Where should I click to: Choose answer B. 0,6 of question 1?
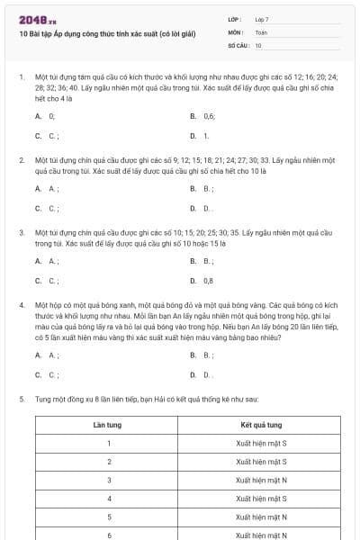(202, 116)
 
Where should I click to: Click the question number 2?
(22, 159)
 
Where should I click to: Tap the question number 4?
(22, 306)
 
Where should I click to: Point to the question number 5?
(22, 397)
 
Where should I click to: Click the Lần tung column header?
(108, 423)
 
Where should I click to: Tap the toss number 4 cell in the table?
(108, 499)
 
